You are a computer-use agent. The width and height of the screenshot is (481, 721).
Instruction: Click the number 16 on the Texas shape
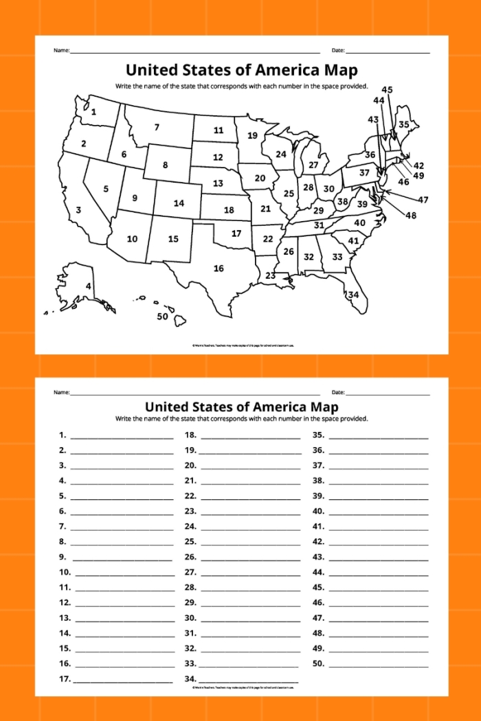click(x=219, y=268)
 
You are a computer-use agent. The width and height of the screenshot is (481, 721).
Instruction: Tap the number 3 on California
click(x=78, y=210)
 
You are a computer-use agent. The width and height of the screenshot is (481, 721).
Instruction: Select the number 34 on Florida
click(x=353, y=295)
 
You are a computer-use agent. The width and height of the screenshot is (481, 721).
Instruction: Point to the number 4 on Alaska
click(x=88, y=286)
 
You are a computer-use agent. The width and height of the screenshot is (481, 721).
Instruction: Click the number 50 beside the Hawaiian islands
click(x=162, y=317)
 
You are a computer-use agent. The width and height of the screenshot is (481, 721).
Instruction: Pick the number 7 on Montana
click(x=157, y=127)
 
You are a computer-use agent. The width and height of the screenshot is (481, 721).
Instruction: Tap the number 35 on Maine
click(x=404, y=124)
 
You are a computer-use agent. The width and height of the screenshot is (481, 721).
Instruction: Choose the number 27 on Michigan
click(x=313, y=165)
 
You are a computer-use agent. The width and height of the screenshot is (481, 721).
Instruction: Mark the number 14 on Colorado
click(x=179, y=203)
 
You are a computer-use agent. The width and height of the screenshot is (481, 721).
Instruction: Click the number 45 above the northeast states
click(x=387, y=90)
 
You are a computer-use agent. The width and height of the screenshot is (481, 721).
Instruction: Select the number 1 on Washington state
click(x=93, y=112)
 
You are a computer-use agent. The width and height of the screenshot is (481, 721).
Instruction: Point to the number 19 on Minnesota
click(x=252, y=135)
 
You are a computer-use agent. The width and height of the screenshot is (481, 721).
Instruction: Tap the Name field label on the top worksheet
click(x=61, y=51)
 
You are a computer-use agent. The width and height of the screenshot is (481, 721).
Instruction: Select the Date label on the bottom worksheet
click(x=338, y=392)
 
